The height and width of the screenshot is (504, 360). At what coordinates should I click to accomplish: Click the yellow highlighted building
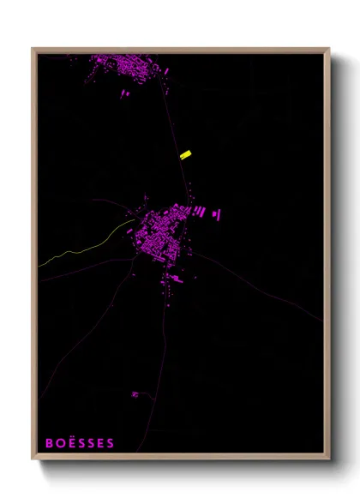[184, 154]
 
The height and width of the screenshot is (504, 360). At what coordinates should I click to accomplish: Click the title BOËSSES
[80, 443]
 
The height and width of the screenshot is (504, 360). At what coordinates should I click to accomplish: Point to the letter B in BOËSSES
[50, 443]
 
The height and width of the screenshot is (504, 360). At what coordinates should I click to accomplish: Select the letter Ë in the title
[72, 443]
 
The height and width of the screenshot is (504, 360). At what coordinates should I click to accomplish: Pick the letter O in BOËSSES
[61, 443]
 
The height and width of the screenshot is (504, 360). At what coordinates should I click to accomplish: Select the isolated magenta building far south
[135, 394]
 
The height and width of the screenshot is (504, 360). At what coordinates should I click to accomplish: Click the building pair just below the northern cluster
[124, 95]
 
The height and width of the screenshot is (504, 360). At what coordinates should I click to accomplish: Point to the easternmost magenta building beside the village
[216, 213]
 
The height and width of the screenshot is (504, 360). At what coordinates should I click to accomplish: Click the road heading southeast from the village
[257, 283]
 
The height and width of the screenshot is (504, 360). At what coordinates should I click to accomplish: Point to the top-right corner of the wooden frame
[328, 49]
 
